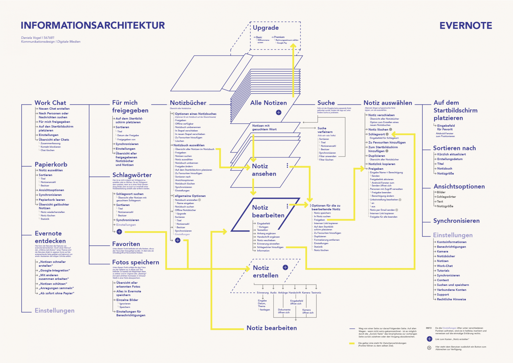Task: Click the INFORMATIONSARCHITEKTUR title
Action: tap(93, 25)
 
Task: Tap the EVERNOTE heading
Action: tap(466, 25)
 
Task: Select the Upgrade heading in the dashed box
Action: tap(266, 28)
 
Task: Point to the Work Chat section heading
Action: tap(50, 103)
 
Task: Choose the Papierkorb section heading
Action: tap(51, 164)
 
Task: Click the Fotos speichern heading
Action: tap(136, 262)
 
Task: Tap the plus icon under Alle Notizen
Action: tap(278, 112)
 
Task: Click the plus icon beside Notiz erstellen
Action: tap(285, 267)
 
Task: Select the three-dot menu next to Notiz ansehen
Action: tap(287, 165)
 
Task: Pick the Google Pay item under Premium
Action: tap(282, 43)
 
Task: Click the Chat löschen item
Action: tap(47, 150)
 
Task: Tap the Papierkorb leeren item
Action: tap(52, 200)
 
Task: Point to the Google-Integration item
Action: tap(54, 271)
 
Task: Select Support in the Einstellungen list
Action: tap(443, 294)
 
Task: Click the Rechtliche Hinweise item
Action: tap(451, 299)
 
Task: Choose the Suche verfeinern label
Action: tap(325, 130)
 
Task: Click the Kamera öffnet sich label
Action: tap(307, 311)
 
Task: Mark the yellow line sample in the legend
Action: tap(352, 344)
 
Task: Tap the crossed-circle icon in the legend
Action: tap(429, 348)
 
